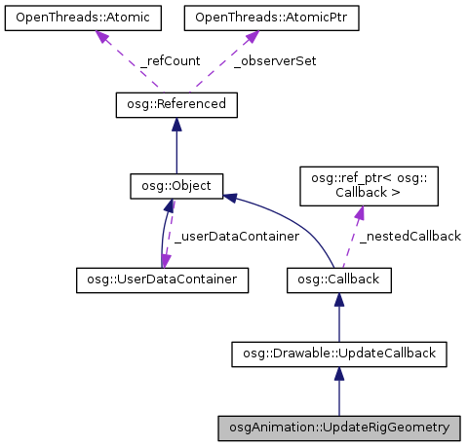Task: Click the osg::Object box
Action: click(x=177, y=184)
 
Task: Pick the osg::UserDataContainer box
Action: click(x=162, y=280)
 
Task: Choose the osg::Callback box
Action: click(x=338, y=280)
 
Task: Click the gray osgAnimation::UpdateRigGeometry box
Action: click(x=338, y=428)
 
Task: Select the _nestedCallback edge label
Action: click(x=409, y=237)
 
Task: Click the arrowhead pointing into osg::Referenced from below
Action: click(x=175, y=124)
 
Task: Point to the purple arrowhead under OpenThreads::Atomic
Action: click(x=100, y=37)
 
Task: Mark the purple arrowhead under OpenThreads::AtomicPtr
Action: click(x=251, y=37)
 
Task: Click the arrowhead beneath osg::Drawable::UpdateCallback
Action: click(x=338, y=375)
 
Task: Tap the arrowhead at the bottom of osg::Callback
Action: click(x=338, y=301)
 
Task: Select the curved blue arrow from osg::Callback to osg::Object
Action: click(x=292, y=219)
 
